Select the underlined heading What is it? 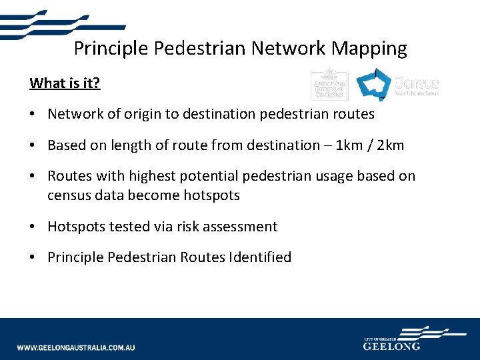[65, 83]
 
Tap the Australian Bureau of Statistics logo [329, 85]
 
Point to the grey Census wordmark [417, 84]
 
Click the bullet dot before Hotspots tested [33, 227]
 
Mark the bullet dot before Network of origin [33, 114]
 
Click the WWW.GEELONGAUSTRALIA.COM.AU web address [76, 348]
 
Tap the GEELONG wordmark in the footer [392, 347]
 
